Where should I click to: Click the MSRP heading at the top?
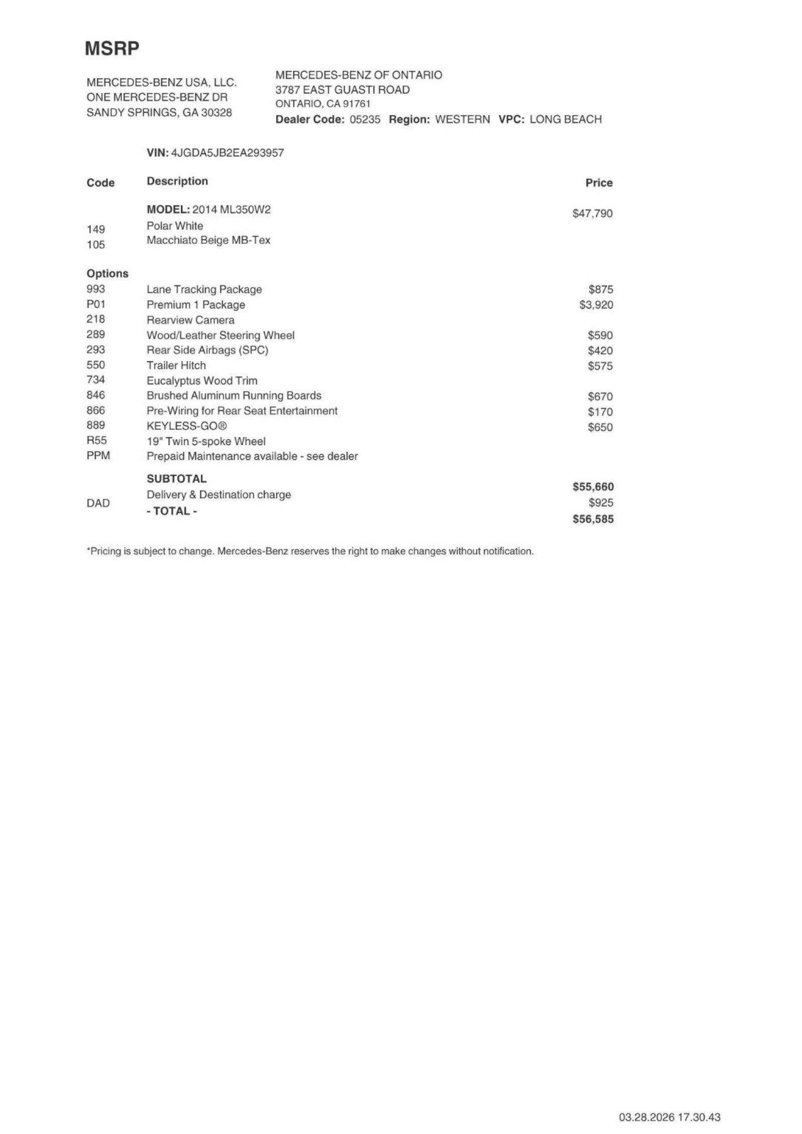coord(112,49)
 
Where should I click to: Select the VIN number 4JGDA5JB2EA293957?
coord(228,153)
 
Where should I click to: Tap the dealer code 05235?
coord(365,119)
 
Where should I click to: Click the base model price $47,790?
coord(592,214)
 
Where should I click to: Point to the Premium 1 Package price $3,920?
coord(596,305)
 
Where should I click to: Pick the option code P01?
coord(96,304)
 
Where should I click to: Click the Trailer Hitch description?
coord(176,365)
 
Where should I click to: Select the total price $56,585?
coord(593,519)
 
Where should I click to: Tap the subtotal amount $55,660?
coord(593,487)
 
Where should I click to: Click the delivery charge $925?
coord(600,503)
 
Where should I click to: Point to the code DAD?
coord(98,503)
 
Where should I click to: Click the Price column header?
coord(598,183)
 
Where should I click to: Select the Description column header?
coord(177,181)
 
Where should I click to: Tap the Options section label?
coord(107,274)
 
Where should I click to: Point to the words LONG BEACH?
coord(565,119)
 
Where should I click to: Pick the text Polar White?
coord(174,226)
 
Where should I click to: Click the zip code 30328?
coord(217,113)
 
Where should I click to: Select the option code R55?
coord(96,441)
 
